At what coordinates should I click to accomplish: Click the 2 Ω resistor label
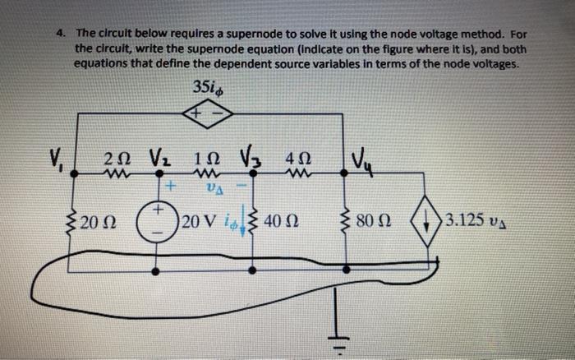119,158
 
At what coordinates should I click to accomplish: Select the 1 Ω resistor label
205,158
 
